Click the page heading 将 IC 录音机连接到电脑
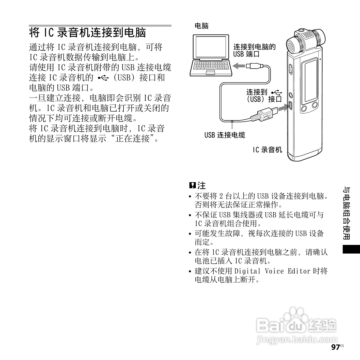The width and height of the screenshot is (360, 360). click(87, 33)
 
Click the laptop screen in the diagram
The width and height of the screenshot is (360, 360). click(211, 47)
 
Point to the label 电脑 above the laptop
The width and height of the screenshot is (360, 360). click(201, 26)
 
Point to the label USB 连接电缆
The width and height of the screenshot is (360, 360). click(225, 135)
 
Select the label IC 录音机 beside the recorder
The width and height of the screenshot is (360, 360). click(267, 150)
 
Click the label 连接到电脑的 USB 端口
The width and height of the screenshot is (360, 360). click(254, 50)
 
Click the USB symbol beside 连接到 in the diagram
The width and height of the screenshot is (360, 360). click(277, 92)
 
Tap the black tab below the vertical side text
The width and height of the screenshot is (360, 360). click(351, 249)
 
